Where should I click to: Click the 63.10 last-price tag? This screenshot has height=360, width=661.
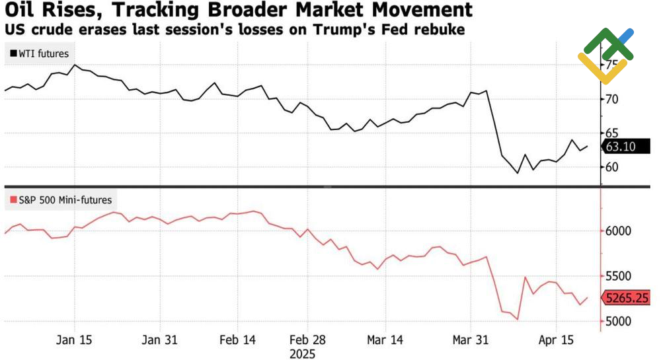pyautogui.click(x=620, y=147)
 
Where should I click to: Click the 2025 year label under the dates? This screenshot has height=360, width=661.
pyautogui.click(x=303, y=353)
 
